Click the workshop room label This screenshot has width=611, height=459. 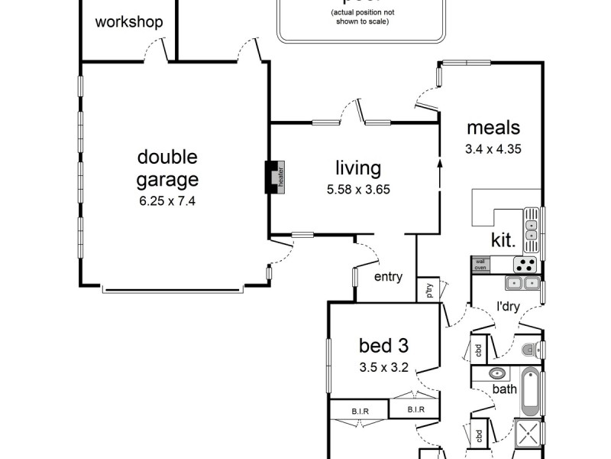(x=129, y=22)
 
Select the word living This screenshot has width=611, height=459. (x=357, y=168)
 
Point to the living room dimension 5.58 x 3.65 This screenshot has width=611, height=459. (x=357, y=189)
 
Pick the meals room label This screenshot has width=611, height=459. (x=493, y=128)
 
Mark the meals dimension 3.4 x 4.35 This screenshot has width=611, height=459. (x=493, y=149)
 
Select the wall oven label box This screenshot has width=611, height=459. (x=480, y=265)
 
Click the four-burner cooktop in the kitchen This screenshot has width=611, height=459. (x=525, y=265)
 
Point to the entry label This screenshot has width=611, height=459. (x=388, y=277)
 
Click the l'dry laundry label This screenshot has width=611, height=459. (x=509, y=307)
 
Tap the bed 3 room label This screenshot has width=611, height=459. (x=384, y=345)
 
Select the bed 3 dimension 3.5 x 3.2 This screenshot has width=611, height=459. (x=384, y=366)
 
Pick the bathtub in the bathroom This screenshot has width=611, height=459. (x=529, y=391)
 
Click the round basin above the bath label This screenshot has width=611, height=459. (x=497, y=375)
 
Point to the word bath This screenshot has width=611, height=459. (x=504, y=389)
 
